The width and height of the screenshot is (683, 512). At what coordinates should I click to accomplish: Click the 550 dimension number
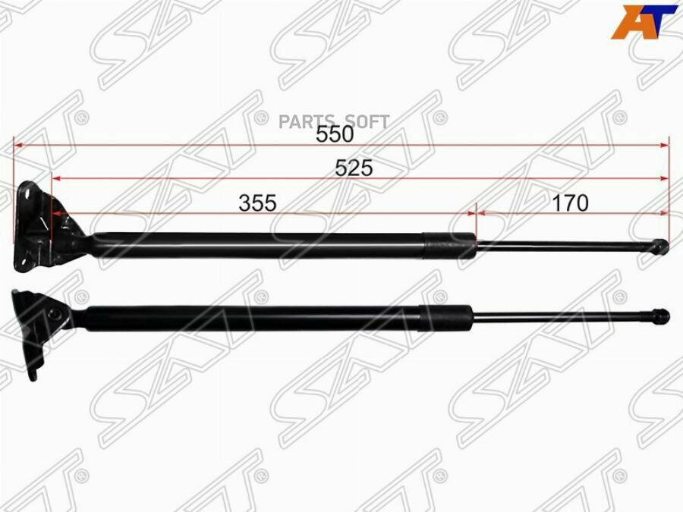click(335, 134)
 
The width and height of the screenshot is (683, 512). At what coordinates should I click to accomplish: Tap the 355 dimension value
click(258, 203)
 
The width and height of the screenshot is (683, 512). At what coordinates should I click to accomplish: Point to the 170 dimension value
click(571, 203)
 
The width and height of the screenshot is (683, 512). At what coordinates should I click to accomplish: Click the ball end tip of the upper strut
click(661, 245)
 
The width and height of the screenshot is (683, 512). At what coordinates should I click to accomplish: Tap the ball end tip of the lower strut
click(662, 314)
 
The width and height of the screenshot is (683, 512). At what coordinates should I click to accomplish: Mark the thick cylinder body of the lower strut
click(250, 317)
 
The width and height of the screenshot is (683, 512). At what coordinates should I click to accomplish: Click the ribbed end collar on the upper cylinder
click(450, 244)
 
